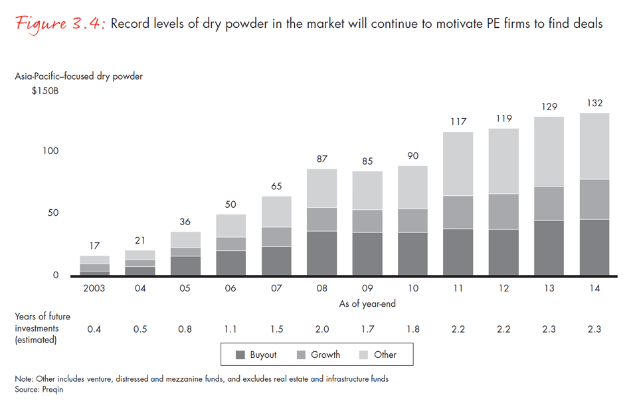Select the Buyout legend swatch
(240, 355)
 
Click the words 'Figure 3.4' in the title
(59, 25)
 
